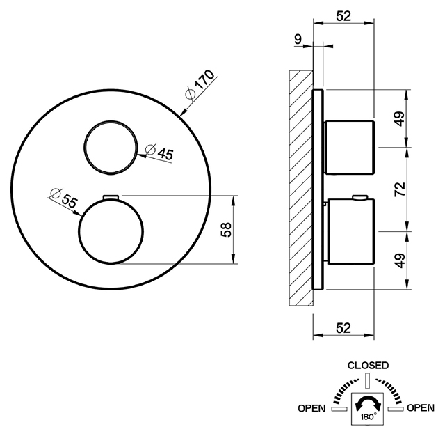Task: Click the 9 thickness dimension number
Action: [298, 39]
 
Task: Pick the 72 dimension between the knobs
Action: [400, 189]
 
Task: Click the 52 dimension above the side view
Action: [343, 16]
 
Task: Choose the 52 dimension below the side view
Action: [343, 328]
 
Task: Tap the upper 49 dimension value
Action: [400, 119]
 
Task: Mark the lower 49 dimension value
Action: [400, 260]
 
